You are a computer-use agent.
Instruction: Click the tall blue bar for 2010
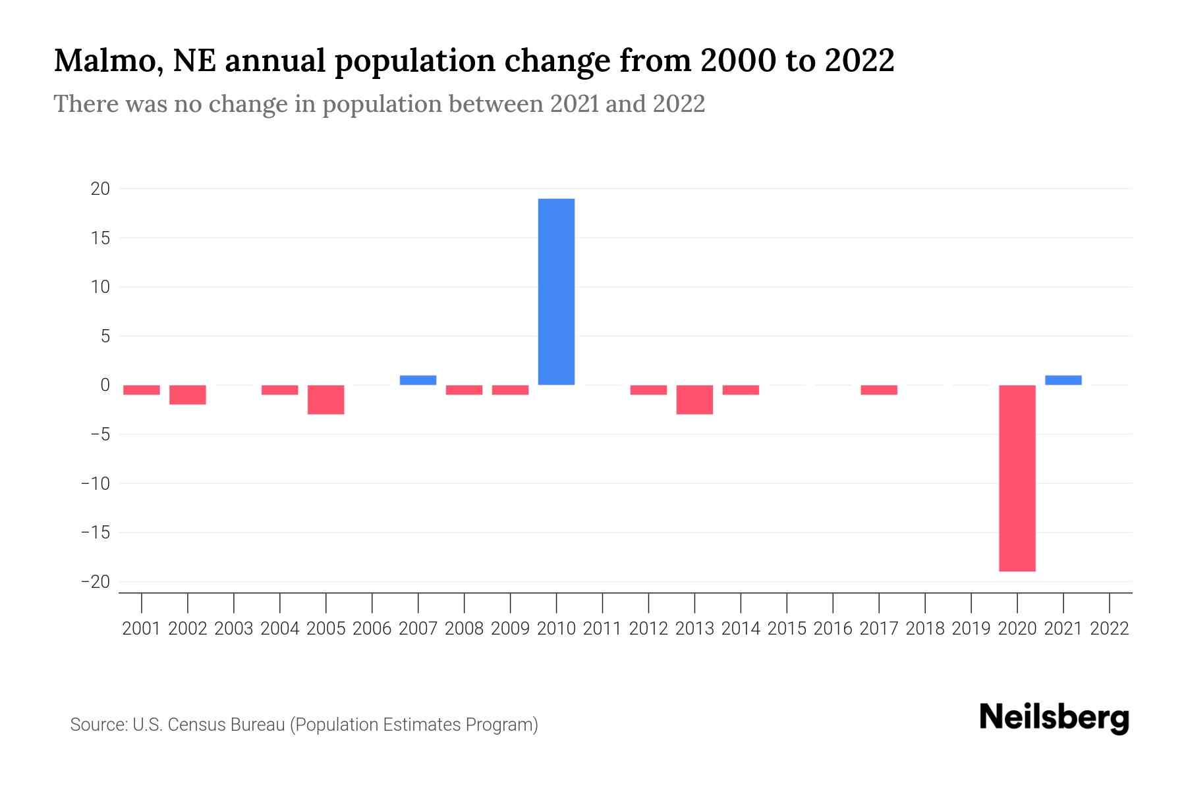point(556,292)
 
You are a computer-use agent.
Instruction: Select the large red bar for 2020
point(1017,478)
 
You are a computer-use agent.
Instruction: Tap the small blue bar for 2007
point(418,380)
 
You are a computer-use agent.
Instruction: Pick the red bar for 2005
point(325,400)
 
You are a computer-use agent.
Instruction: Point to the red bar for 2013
point(694,400)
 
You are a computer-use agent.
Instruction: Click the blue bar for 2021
point(1063,380)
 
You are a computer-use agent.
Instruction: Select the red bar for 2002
point(188,394)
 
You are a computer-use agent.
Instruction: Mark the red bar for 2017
point(879,390)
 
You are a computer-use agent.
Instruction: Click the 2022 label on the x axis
point(1110,629)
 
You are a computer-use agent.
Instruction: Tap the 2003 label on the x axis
point(234,629)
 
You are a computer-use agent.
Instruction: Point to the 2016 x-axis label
point(833,629)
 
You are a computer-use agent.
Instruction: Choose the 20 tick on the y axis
point(100,189)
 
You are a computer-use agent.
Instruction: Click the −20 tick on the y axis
point(96,582)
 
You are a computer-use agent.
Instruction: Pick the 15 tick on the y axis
point(100,238)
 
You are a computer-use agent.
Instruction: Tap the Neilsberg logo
point(1054,718)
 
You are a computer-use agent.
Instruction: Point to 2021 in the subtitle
point(575,104)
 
